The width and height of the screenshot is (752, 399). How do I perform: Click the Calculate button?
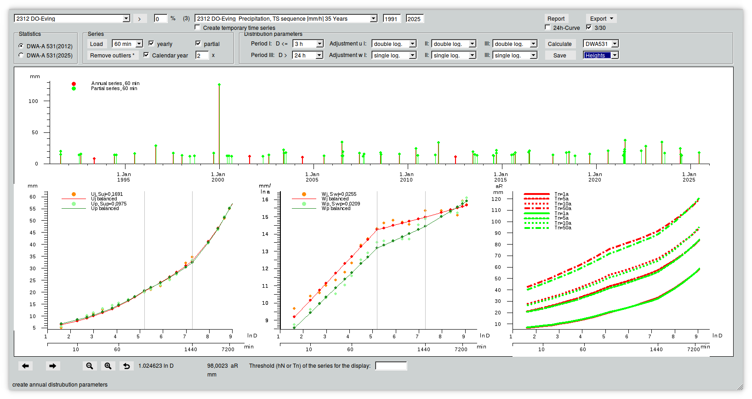point(560,44)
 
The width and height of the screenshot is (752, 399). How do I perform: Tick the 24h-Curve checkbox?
point(548,28)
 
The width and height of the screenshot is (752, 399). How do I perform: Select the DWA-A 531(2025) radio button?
point(21,55)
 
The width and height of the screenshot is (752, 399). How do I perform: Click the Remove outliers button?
point(112,56)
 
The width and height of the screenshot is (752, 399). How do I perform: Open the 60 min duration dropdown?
point(128,44)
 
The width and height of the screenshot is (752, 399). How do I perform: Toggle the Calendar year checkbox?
point(146,55)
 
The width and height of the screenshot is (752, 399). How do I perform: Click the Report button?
point(556,18)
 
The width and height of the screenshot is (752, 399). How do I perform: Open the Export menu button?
point(601,18)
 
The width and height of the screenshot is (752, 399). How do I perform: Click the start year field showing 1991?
point(392,18)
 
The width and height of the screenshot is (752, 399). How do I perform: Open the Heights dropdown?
point(601,55)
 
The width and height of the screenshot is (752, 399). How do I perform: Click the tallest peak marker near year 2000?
point(219,85)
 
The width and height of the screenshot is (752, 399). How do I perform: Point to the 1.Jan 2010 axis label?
point(406,177)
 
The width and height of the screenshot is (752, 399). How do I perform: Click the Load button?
point(97,44)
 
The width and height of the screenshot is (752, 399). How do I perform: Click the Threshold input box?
point(391,366)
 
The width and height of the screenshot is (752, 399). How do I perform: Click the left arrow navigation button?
point(26,366)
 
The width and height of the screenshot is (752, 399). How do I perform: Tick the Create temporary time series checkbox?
point(197,28)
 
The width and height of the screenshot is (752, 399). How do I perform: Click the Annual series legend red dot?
point(74,84)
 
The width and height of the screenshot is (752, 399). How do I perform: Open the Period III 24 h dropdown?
point(308,55)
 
